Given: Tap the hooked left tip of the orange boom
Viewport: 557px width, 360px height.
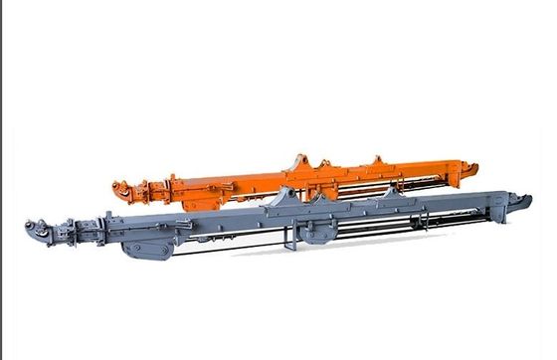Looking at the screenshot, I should [x=118, y=187].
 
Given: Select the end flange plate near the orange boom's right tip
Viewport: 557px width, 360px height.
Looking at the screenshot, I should [x=459, y=171].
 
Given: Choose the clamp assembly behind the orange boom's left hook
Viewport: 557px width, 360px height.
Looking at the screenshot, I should [x=144, y=189].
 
